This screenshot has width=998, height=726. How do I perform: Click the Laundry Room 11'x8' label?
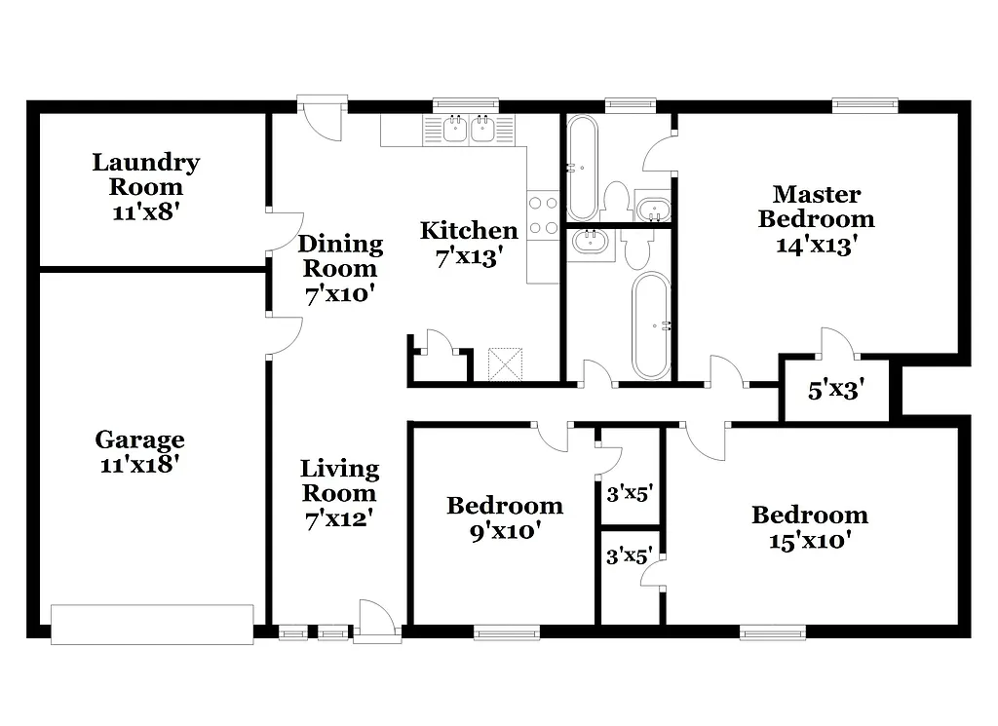pos(146,174)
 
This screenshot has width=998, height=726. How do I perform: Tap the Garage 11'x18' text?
pos(140,452)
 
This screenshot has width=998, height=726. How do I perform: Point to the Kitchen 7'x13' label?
pos(468,244)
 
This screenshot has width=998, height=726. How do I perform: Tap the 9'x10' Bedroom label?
pos(504,516)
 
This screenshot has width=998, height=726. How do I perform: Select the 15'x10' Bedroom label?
pos(809,527)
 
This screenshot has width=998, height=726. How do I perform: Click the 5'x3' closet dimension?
pos(836,392)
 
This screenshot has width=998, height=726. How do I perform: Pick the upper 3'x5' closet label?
pos(629,494)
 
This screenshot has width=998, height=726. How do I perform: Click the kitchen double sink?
pos(469,130)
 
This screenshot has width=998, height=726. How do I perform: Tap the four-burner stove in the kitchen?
pos(543,216)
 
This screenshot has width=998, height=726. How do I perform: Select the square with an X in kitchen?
pos(505,363)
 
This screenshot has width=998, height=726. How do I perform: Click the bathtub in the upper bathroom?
pos(582,168)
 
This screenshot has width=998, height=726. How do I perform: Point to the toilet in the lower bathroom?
pos(636,251)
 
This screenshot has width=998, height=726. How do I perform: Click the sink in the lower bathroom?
pos(592,244)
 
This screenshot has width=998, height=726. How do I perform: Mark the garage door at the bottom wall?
pos(152,625)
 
